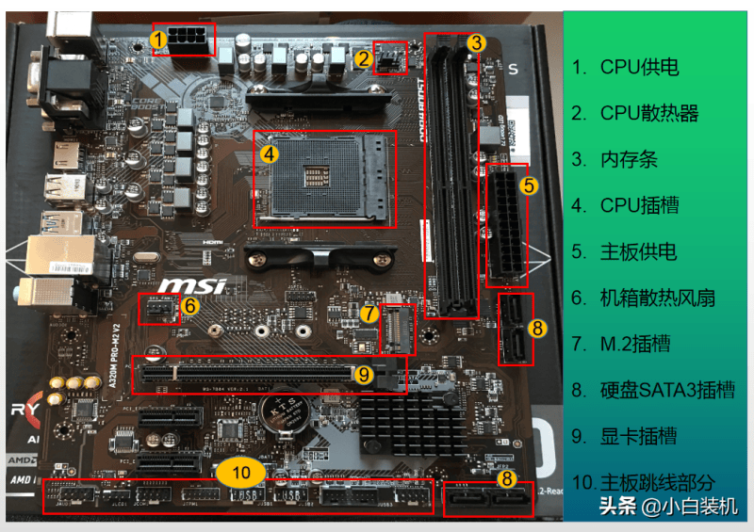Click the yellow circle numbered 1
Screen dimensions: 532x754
click(x=158, y=39)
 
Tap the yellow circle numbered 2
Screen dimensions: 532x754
click(x=363, y=57)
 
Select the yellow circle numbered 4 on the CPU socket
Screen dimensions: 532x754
click(x=269, y=151)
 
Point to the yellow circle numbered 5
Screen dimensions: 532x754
click(x=529, y=185)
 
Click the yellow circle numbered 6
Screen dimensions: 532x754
click(x=189, y=305)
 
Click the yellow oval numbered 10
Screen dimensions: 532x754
click(x=242, y=471)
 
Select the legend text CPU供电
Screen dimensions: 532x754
click(x=639, y=68)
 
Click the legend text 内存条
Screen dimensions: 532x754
click(x=629, y=160)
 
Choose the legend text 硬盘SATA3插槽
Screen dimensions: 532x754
click(x=667, y=390)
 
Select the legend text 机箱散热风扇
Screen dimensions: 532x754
click(x=658, y=298)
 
